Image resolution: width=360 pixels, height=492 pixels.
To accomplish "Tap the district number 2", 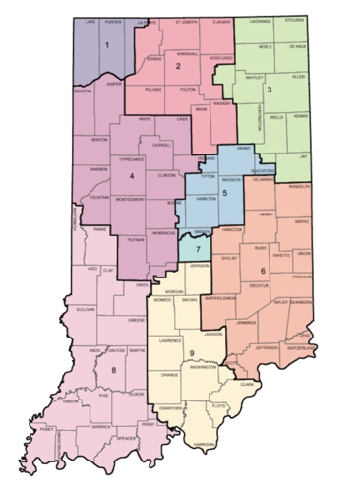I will [178, 66].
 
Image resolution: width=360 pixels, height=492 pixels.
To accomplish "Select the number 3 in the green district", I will [269, 90].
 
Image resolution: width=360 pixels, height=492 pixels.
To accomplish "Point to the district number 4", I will [130, 177].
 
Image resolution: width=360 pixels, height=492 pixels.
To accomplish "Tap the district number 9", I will [191, 353].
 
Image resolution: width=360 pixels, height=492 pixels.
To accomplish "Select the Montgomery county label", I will [128, 197].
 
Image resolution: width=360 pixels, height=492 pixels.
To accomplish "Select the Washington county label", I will [204, 367].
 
